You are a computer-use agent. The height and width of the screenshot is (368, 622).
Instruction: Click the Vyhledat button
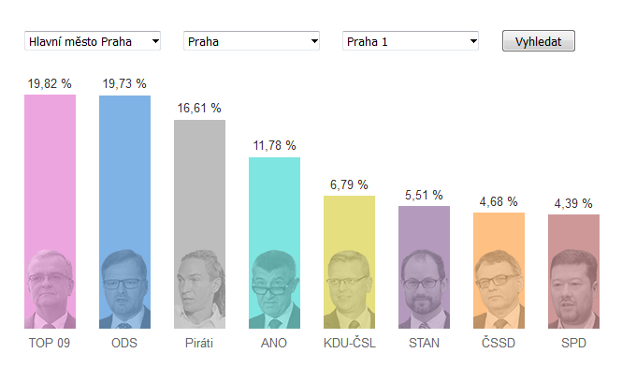[539, 41]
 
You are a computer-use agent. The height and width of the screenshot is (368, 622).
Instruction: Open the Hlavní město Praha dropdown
[93, 41]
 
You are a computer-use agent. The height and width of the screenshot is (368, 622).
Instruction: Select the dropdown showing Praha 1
[411, 41]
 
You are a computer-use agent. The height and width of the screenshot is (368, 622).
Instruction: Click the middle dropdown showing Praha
[252, 41]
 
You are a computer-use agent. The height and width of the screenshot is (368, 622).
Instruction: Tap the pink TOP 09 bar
[50, 212]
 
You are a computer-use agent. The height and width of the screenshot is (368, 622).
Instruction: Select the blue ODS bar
[124, 212]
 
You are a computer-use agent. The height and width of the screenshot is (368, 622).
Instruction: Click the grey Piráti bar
[199, 225]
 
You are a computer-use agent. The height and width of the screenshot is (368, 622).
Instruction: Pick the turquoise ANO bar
[274, 243]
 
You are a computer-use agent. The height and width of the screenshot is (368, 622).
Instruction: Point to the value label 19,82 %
[50, 83]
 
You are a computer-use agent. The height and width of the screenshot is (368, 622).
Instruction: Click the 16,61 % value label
[199, 108]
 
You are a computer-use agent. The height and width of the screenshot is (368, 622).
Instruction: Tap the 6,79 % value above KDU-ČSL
[349, 184]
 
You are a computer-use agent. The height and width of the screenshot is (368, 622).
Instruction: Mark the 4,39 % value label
[573, 203]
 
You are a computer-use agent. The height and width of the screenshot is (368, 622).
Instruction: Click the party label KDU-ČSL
[350, 343]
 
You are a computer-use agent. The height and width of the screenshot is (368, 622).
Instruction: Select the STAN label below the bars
[424, 343]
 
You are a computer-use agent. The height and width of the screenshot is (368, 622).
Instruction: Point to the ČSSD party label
[499, 343]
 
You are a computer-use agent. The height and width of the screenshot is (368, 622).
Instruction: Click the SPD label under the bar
[573, 343]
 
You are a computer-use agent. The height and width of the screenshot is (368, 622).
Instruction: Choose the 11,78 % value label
[274, 146]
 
